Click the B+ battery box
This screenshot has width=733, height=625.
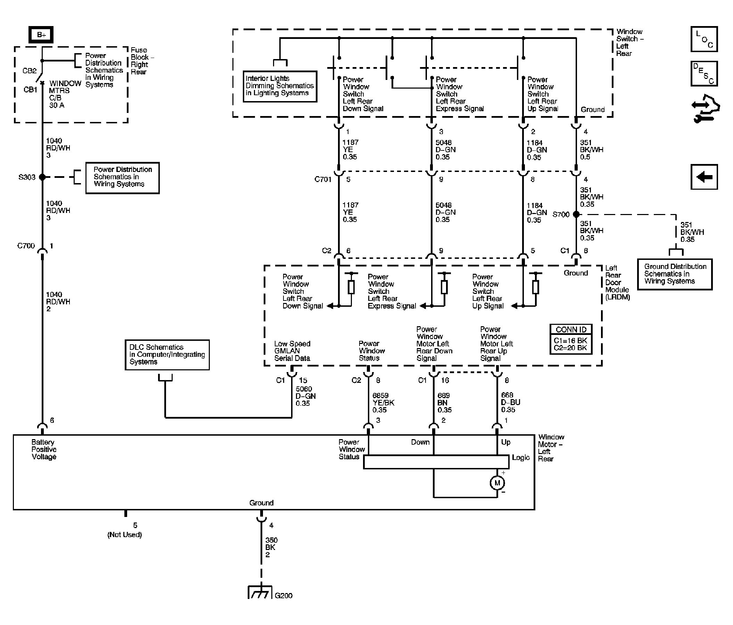pyautogui.click(x=41, y=35)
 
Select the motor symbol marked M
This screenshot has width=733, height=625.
pyautogui.click(x=497, y=483)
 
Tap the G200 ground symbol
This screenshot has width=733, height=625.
pyautogui.click(x=260, y=592)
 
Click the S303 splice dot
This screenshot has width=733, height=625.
pyautogui.click(x=42, y=177)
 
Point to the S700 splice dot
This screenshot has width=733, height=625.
pyautogui.click(x=576, y=214)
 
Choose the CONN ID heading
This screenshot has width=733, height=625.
pyautogui.click(x=571, y=330)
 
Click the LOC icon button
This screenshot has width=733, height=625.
pyautogui.click(x=704, y=39)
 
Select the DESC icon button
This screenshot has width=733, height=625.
pyautogui.click(x=704, y=74)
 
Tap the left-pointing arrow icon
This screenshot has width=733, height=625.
pyautogui.click(x=704, y=176)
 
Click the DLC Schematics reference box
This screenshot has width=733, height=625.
pyautogui.click(x=167, y=355)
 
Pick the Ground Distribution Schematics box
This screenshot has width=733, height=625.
pyautogui.click(x=675, y=274)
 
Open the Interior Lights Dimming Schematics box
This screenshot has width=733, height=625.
pyautogui.click(x=280, y=87)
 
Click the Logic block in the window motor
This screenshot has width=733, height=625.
pyautogui.click(x=436, y=462)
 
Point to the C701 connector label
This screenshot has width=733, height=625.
pyautogui.click(x=323, y=179)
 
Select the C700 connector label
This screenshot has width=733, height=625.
pyautogui.click(x=26, y=246)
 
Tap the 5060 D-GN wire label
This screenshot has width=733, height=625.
pyautogui.click(x=306, y=396)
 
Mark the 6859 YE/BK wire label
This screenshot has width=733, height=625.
pyautogui.click(x=383, y=403)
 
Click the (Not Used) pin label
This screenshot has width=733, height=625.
pyautogui.click(x=124, y=534)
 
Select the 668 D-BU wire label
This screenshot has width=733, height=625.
pyautogui.click(x=510, y=402)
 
